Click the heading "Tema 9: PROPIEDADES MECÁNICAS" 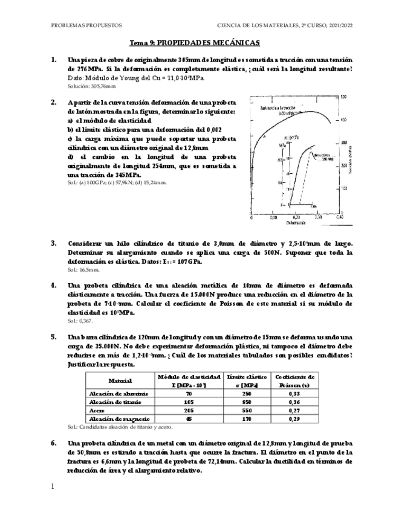(x=195, y=43)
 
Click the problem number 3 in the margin (x=54, y=243)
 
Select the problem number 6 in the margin (x=54, y=443)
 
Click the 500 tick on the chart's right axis (x=344, y=97)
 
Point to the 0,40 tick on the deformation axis (x=339, y=216)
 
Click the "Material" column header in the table (x=120, y=381)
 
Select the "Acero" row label (x=98, y=409)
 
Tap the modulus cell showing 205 (x=189, y=409)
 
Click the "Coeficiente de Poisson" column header (x=296, y=381)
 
